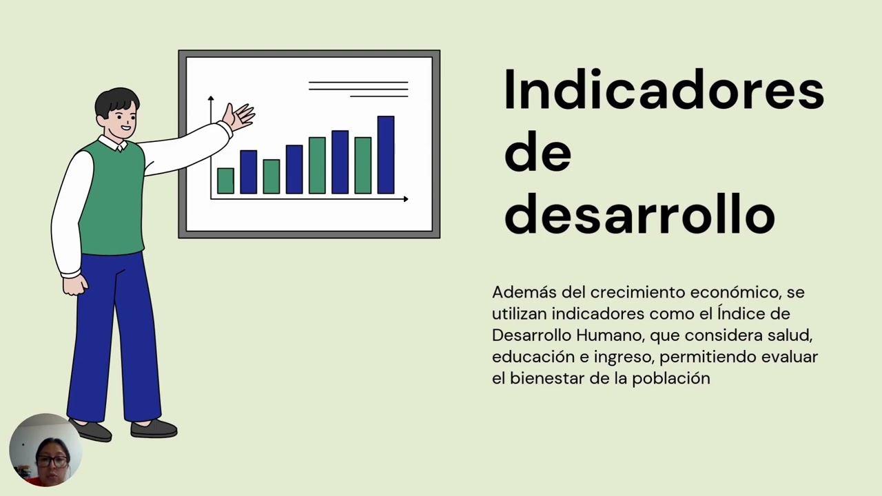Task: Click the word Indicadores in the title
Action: pyautogui.click(x=664, y=90)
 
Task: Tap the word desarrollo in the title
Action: pyautogui.click(x=639, y=214)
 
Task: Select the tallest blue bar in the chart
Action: pyautogui.click(x=386, y=155)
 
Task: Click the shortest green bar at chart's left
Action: pyautogui.click(x=225, y=180)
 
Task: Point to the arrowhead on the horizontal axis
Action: pyautogui.click(x=406, y=199)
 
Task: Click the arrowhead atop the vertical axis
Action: pyautogui.click(x=211, y=99)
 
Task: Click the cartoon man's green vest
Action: pyautogui.click(x=112, y=200)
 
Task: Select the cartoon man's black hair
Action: pyautogui.click(x=116, y=100)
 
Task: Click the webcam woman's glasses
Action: pyautogui.click(x=52, y=461)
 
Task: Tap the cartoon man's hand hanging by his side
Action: pyautogui.click(x=74, y=284)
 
